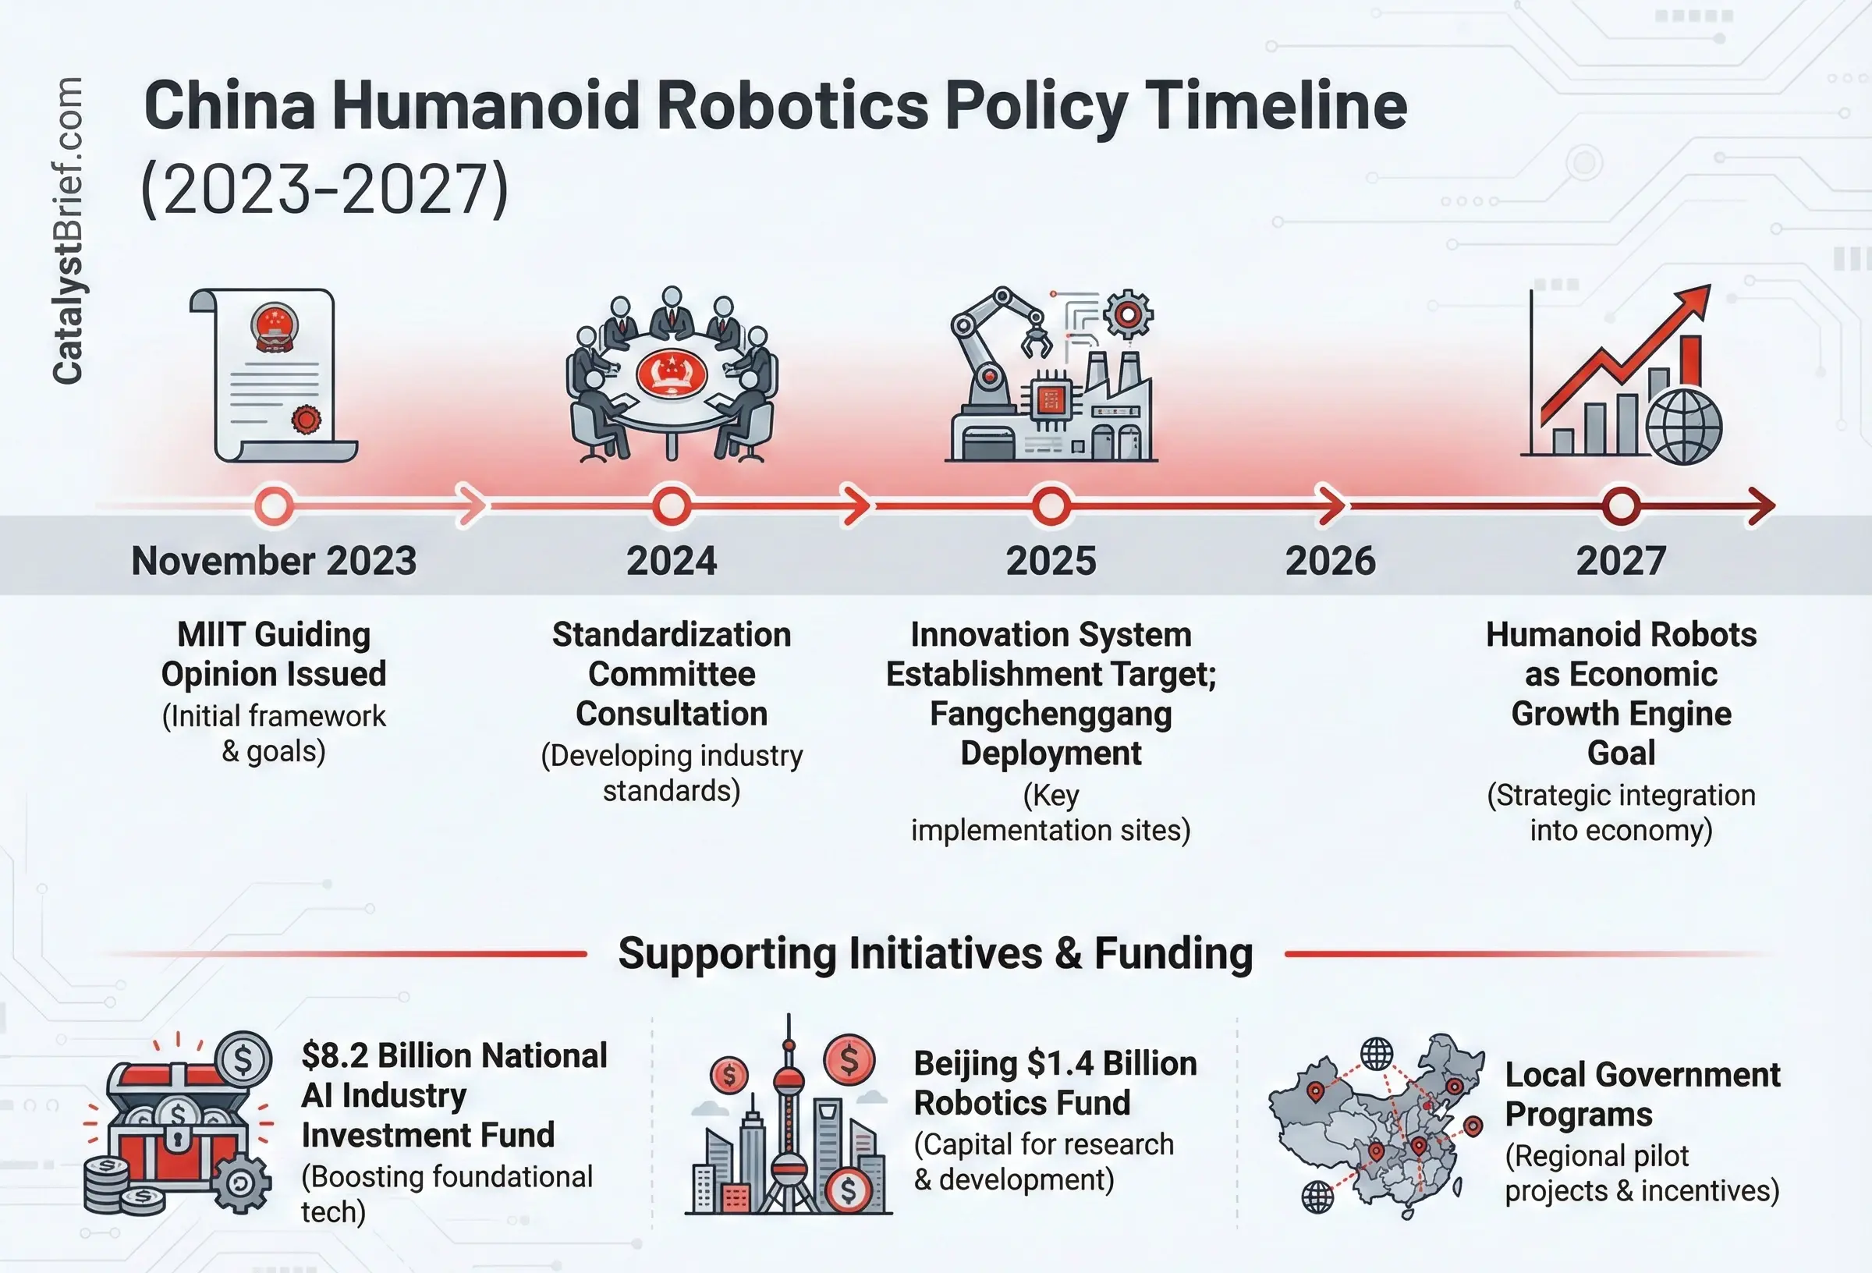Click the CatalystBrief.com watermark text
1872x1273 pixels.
tap(68, 230)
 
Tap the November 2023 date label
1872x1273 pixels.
tap(274, 561)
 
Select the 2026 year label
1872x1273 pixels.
tap(1330, 561)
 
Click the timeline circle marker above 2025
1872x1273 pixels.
tap(1051, 506)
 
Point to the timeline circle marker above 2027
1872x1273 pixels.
tap(1621, 506)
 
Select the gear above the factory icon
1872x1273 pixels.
tap(1128, 314)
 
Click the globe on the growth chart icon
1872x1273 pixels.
tap(1683, 427)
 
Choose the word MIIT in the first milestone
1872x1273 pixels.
tap(211, 634)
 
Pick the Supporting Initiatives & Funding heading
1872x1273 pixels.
tap(935, 954)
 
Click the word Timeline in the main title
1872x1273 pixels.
tap(1275, 106)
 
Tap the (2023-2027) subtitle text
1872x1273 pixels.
tap(324, 189)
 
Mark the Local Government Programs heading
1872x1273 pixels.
tap(1643, 1094)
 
